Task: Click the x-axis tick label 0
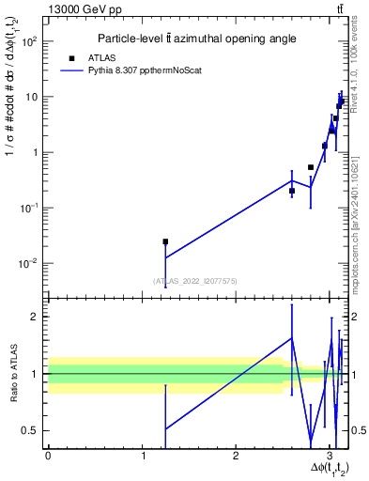click(x=48, y=455)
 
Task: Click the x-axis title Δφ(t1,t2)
click(x=320, y=470)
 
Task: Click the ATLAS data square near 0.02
click(x=165, y=241)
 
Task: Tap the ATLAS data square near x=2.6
click(x=292, y=191)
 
